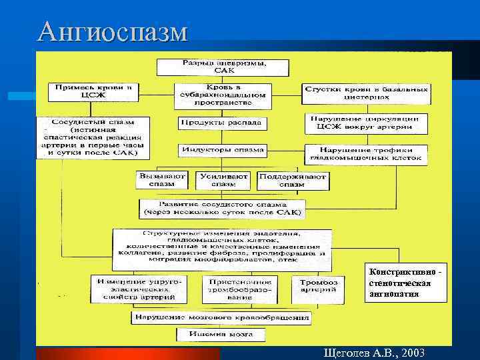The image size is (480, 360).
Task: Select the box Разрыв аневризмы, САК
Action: [x=223, y=67]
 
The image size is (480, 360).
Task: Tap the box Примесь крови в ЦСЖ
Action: [x=93, y=91]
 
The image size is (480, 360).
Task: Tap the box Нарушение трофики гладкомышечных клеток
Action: [x=366, y=154]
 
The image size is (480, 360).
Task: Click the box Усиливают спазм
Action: [x=223, y=180]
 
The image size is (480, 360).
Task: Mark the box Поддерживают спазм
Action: [x=293, y=180]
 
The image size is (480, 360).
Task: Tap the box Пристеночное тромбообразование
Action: [x=231, y=289]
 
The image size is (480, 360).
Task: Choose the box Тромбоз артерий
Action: [x=318, y=287]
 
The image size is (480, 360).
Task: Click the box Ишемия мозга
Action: [x=220, y=334]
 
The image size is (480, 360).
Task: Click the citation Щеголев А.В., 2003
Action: [x=373, y=353]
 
